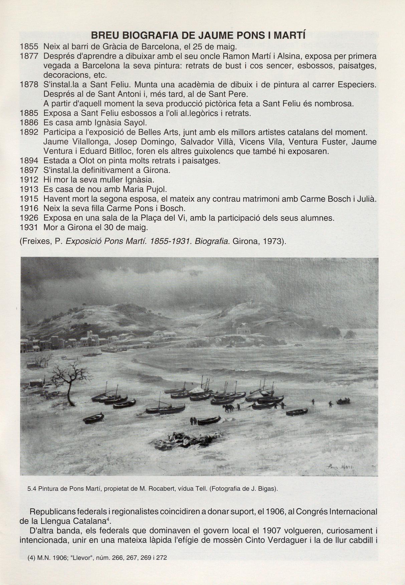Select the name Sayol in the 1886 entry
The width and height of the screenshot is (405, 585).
tap(136, 123)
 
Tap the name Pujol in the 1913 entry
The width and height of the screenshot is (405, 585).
tap(155, 190)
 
